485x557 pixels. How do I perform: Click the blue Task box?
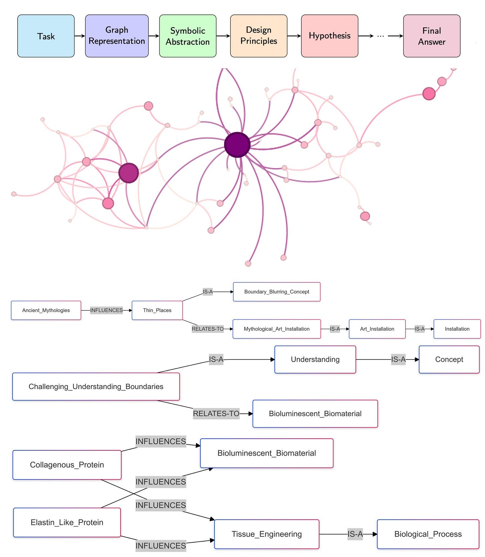(x=46, y=36)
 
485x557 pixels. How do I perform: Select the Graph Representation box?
(x=117, y=36)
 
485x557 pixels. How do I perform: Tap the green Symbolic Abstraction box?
(x=188, y=36)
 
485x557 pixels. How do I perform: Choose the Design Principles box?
(x=259, y=36)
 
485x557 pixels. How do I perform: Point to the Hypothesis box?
(x=330, y=36)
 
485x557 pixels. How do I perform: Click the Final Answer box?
(x=432, y=36)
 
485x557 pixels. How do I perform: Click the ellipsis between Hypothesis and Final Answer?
(x=381, y=36)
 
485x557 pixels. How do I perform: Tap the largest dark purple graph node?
(x=237, y=145)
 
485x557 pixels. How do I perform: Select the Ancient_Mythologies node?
(x=46, y=310)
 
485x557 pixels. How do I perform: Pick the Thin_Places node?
(x=157, y=310)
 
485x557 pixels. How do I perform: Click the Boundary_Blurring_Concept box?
(x=277, y=292)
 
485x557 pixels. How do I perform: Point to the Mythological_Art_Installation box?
(x=277, y=329)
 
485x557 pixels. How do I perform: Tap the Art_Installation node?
(x=377, y=329)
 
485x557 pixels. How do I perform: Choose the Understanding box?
(x=315, y=359)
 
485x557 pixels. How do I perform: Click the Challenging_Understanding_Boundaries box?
(x=96, y=387)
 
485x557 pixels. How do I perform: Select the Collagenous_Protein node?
(x=67, y=465)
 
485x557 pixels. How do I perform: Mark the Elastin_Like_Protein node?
(x=67, y=523)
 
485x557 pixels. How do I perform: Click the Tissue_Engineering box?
(x=267, y=534)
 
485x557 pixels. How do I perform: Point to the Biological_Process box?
(x=428, y=534)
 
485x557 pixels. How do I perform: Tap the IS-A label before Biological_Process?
(x=355, y=534)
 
